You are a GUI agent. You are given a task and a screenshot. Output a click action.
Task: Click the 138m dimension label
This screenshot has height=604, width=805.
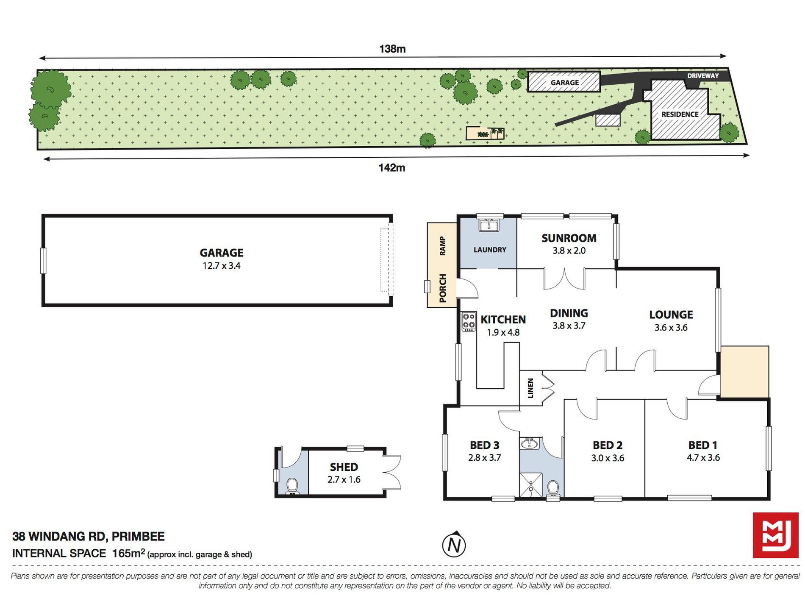click(392, 49)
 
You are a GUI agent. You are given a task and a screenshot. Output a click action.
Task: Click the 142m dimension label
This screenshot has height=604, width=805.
click(392, 168)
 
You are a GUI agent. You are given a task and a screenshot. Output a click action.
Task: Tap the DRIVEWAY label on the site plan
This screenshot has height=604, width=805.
click(703, 76)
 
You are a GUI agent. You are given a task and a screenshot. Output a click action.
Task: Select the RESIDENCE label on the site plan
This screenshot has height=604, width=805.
click(680, 114)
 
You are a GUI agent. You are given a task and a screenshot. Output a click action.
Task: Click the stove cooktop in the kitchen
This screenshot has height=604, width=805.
click(469, 322)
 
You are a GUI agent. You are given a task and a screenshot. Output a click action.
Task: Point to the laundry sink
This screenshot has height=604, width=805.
click(489, 225)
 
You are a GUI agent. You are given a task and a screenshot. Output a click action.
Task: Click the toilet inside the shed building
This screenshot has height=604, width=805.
click(292, 486)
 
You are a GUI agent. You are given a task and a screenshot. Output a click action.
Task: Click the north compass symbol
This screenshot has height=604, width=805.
click(454, 544)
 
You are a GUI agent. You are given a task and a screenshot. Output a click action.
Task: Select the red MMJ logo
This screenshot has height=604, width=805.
click(776, 535)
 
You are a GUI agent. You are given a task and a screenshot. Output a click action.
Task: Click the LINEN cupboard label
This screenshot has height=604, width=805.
click(530, 388)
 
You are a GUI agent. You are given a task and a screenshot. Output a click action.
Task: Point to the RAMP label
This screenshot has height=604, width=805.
click(443, 246)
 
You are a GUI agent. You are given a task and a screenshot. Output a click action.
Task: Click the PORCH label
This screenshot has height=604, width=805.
click(443, 288)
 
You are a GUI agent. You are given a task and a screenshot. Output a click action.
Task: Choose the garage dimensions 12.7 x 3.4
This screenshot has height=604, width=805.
click(222, 266)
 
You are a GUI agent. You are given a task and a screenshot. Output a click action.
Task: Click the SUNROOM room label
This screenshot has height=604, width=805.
click(569, 238)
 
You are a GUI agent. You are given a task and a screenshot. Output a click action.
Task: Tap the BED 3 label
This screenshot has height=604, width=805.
click(485, 445)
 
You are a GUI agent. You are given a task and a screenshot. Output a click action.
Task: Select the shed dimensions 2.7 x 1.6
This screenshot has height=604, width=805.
click(344, 480)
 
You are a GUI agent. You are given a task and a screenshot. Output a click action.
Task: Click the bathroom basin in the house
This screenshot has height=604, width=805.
click(530, 443)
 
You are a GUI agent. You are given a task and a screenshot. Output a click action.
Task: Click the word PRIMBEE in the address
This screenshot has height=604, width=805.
click(138, 537)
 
